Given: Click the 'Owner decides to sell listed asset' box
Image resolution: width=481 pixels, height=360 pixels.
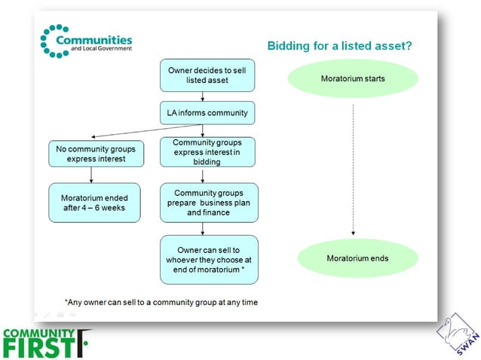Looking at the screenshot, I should (203, 75).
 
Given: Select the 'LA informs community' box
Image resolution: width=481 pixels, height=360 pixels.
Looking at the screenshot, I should (203, 113).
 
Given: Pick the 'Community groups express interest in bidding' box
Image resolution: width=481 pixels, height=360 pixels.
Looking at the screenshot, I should (207, 151).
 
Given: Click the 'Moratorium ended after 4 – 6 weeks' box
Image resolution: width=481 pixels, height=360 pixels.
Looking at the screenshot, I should (95, 202).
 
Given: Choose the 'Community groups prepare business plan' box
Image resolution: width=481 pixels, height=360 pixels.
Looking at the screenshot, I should (208, 202).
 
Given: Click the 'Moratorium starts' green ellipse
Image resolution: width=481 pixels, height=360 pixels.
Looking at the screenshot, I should (352, 78).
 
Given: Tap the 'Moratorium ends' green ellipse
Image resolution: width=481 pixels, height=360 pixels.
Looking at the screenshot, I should (352, 258).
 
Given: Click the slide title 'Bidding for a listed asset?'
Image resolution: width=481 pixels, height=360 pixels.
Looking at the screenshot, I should (339, 46).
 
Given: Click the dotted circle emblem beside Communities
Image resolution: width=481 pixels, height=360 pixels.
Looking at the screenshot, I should (54, 41).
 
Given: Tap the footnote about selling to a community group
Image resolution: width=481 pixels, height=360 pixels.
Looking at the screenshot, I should (161, 302).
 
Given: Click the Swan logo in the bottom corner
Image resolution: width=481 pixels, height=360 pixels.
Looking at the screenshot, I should (457, 332).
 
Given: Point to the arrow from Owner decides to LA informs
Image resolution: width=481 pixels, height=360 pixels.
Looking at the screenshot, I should (203, 96).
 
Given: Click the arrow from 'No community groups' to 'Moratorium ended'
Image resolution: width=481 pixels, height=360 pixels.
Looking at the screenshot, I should (91, 175).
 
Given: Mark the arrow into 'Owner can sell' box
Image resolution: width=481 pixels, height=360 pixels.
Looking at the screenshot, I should (203, 228).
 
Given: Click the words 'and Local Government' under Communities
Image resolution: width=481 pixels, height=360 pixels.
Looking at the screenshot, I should (101, 49).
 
